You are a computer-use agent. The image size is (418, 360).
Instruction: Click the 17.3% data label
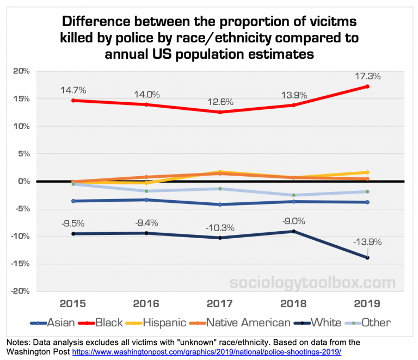click(367, 77)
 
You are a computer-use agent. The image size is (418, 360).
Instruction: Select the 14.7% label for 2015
click(74, 90)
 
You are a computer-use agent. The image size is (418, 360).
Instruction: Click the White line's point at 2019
click(367, 258)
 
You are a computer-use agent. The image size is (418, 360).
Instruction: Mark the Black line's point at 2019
click(367, 86)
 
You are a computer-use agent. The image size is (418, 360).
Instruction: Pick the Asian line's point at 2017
click(220, 204)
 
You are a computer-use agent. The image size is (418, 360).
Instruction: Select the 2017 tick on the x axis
click(220, 302)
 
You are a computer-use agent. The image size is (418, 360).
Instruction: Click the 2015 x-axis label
click(74, 302)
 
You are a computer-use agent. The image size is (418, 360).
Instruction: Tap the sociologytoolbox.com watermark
click(312, 283)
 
